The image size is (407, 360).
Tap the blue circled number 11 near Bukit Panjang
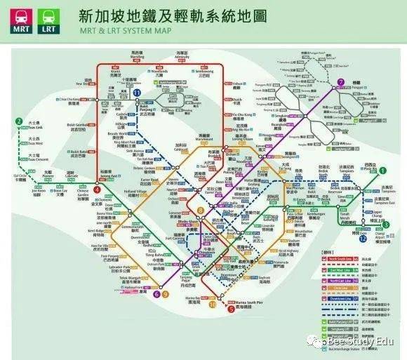138,93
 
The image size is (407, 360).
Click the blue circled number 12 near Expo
362,239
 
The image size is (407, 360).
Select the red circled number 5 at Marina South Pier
231,308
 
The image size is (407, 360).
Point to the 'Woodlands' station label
171,72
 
